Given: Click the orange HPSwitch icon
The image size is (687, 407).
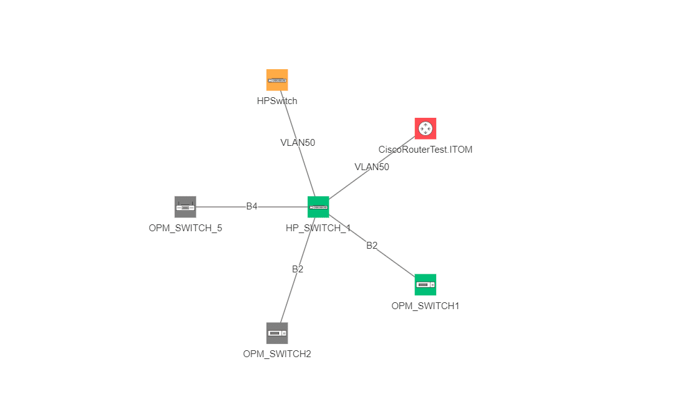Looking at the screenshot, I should pyautogui.click(x=277, y=80).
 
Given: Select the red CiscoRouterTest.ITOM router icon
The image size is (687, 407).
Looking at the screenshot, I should pyautogui.click(x=426, y=128).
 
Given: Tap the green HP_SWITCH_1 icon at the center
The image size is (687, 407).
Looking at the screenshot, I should pyautogui.click(x=318, y=207).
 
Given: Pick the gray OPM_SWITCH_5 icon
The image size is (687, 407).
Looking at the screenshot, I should pyautogui.click(x=185, y=207).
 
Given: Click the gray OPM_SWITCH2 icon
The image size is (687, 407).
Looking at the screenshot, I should pyautogui.click(x=277, y=333).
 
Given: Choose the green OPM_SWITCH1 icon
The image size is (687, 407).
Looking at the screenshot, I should pyautogui.click(x=426, y=285).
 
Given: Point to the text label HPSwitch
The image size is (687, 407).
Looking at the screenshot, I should pyautogui.click(x=277, y=100).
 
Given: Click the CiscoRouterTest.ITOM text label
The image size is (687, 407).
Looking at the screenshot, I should pyautogui.click(x=426, y=150).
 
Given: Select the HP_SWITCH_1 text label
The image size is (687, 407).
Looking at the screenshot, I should pyautogui.click(x=318, y=228).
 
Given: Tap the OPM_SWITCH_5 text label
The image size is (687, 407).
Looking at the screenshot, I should pyautogui.click(x=185, y=228).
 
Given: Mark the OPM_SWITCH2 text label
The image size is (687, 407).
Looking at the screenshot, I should pyautogui.click(x=277, y=354).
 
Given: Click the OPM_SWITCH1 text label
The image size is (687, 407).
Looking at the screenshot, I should pyautogui.click(x=426, y=306).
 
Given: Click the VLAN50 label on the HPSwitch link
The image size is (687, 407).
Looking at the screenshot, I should pyautogui.click(x=298, y=142).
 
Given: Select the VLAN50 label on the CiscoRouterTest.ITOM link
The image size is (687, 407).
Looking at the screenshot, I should pyautogui.click(x=372, y=167).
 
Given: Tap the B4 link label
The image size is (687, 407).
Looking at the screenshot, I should pyautogui.click(x=251, y=206).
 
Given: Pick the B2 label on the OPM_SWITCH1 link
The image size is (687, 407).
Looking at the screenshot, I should pyautogui.click(x=372, y=246).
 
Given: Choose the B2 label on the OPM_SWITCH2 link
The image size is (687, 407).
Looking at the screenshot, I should pyautogui.click(x=298, y=269).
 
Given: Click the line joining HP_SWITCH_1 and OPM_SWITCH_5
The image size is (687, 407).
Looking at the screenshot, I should pyautogui.click(x=218, y=207).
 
